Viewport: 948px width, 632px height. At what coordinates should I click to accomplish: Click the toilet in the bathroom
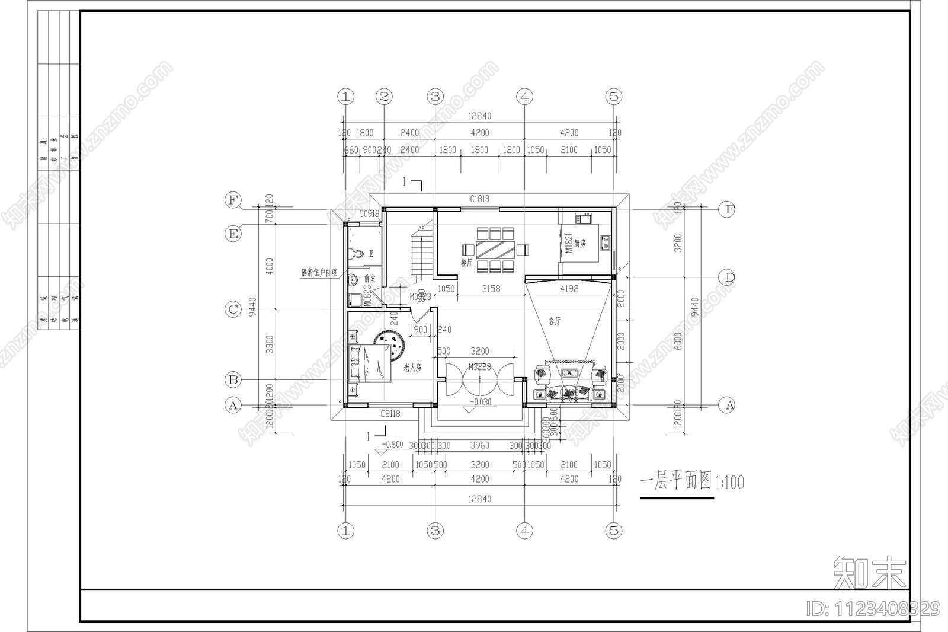[x=357, y=254]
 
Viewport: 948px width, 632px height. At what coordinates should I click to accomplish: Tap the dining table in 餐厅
[x=492, y=248]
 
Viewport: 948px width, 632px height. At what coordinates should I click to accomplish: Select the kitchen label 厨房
[x=580, y=243]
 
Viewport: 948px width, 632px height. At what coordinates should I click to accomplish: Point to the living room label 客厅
[x=554, y=321]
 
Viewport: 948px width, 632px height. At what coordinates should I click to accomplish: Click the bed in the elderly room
[x=370, y=363]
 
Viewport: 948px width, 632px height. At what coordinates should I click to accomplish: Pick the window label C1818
[x=480, y=199]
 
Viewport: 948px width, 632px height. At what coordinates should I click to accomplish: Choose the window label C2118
[x=390, y=414]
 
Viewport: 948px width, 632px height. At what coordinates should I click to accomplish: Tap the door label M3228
[x=480, y=367]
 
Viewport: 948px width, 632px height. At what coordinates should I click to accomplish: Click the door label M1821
[x=569, y=243]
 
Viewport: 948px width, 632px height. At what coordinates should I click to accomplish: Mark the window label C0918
[x=369, y=214]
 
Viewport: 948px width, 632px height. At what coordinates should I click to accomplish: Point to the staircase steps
[x=421, y=252]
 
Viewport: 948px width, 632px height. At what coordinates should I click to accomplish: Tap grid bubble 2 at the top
[x=385, y=97]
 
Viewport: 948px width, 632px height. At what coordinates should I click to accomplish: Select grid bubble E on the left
[x=233, y=234]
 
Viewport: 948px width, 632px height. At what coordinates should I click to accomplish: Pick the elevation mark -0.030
[x=480, y=402]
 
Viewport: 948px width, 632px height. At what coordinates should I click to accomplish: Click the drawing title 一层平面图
[x=675, y=481]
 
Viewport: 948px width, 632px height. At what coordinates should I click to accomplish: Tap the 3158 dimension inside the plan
[x=491, y=289]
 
